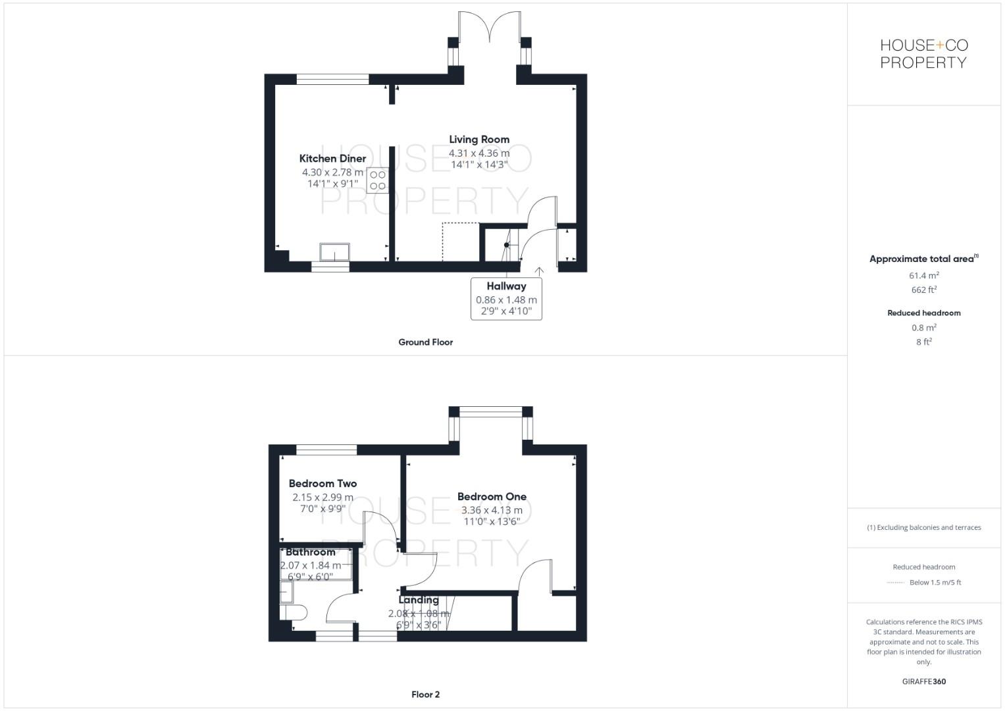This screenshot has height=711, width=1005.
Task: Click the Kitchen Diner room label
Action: (332, 159)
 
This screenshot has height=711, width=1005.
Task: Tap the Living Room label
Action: (479, 140)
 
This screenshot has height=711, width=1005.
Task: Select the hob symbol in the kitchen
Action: (378, 180)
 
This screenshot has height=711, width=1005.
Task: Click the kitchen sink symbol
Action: (335, 252)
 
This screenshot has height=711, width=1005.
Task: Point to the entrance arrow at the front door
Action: (540, 271)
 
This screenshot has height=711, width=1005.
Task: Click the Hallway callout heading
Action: (506, 286)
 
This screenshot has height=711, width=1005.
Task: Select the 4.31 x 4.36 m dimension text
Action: (479, 153)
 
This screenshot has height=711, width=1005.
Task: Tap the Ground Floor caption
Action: (426, 342)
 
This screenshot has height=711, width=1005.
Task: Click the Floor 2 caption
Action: (426, 695)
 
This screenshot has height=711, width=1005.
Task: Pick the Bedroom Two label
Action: (322, 484)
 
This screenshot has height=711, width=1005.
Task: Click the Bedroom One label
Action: (492, 497)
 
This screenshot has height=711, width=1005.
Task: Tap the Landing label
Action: (419, 600)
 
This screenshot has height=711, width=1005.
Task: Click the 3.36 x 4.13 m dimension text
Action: (492, 510)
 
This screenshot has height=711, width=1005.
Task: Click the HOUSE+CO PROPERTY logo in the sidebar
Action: (924, 54)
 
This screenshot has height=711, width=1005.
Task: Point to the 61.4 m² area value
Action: (924, 276)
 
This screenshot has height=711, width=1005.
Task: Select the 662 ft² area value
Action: (924, 290)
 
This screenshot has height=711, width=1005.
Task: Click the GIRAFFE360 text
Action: (924, 682)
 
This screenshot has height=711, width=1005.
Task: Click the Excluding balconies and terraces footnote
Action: (924, 527)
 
